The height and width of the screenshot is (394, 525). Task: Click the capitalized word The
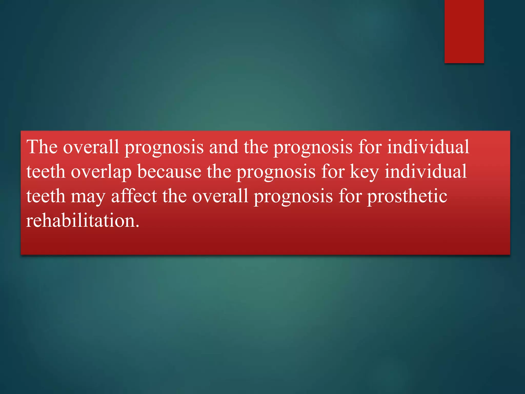point(42,147)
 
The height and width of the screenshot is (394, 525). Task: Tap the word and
point(224,147)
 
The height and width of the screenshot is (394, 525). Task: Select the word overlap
point(101,172)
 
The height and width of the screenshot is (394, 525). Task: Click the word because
point(169,172)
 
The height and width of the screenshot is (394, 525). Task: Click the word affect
point(134,196)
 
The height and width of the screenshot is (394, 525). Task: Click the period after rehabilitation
point(138,226)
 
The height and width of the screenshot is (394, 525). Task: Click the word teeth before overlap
point(46,172)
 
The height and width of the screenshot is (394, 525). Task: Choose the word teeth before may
point(46,196)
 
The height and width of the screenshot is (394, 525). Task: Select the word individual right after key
point(426,172)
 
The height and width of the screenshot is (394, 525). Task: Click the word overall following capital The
point(91,147)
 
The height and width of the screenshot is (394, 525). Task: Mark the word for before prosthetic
point(350,196)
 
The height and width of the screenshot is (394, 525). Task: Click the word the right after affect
point(175,196)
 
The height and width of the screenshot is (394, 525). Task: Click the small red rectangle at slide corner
point(464,31)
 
